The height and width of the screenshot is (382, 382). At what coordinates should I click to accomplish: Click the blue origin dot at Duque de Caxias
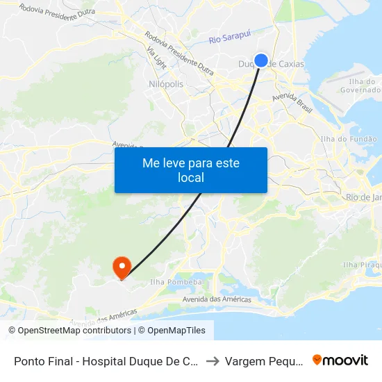261,60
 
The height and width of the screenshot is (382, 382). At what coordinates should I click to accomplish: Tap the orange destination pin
122,267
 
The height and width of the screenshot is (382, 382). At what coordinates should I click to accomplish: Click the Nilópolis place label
166,83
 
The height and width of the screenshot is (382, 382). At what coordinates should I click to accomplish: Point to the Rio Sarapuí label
229,40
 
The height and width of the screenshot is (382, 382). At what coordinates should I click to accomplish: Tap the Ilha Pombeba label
176,283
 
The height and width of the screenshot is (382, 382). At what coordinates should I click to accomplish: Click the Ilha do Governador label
361,85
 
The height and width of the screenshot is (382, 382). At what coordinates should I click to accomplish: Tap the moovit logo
340,360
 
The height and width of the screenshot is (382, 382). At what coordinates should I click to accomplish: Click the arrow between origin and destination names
213,361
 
